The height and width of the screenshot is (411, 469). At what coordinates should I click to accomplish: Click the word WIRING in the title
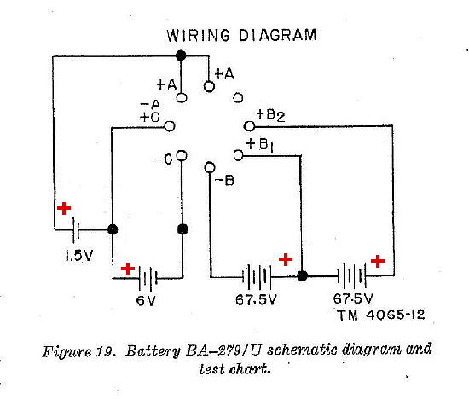196,36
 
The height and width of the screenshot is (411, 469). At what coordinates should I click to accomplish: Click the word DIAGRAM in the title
274,36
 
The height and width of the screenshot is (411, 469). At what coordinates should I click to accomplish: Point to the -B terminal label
224,179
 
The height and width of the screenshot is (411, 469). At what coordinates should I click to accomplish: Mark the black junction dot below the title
180,55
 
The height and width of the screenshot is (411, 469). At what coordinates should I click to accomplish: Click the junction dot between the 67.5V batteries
303,276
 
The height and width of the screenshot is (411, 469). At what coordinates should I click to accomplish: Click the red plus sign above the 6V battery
127,269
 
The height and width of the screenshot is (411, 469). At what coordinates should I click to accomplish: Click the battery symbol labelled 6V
147,277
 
